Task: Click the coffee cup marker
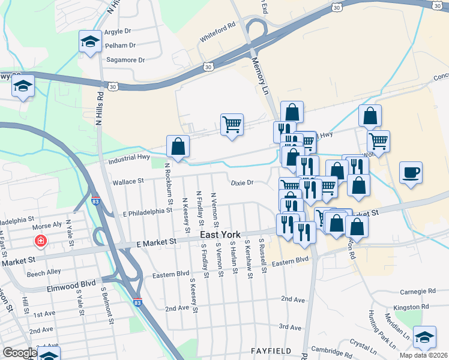(411, 173)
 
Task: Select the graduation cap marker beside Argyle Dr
(90, 42)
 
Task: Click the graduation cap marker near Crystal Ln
(424, 338)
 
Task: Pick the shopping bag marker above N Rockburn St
(178, 146)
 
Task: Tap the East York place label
(220, 235)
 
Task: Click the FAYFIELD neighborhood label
(271, 350)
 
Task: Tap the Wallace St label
(128, 181)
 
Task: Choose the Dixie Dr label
(243, 182)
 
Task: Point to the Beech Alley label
(44, 272)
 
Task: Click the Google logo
(20, 353)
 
